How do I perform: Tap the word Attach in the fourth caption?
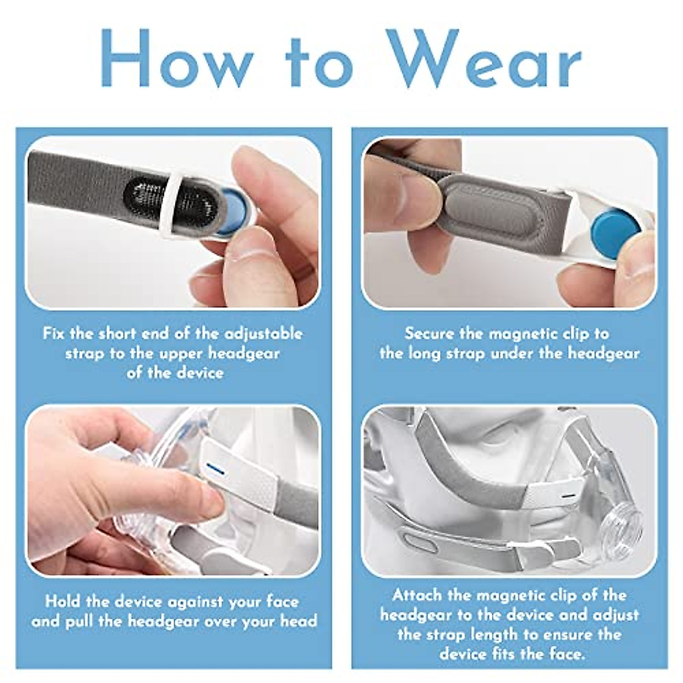point(417,596)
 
